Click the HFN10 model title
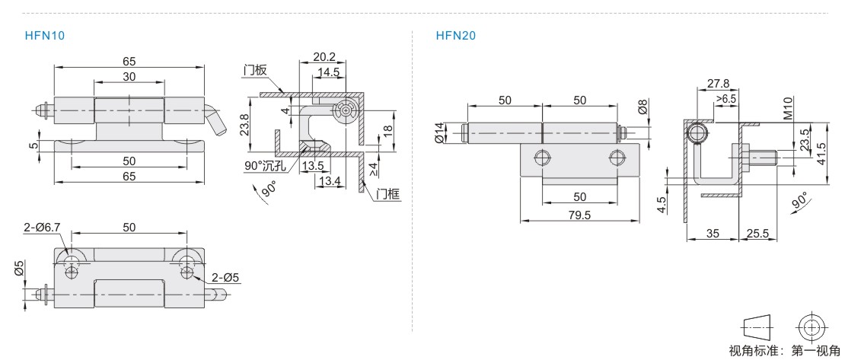[x=45, y=36]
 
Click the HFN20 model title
[x=456, y=36]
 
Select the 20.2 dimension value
[x=324, y=57]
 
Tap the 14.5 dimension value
[x=328, y=72]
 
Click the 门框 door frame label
[x=388, y=195]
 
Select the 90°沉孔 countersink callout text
[x=265, y=166]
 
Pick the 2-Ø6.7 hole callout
[x=41, y=228]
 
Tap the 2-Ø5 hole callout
[x=226, y=278]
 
